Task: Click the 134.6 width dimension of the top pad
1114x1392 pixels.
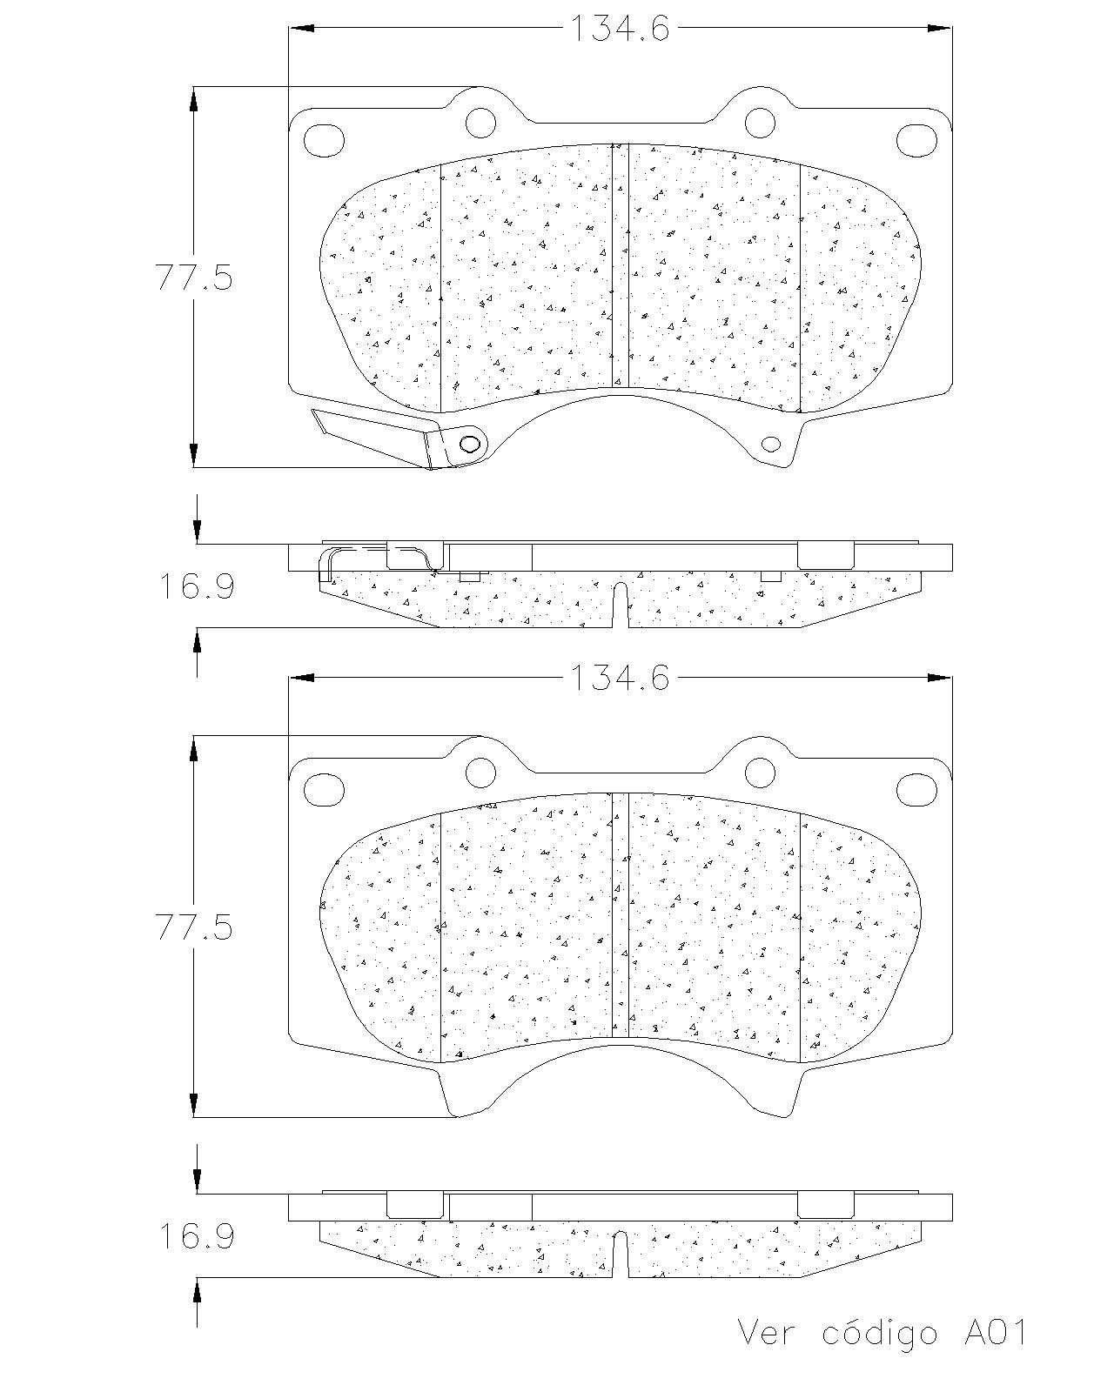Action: [620, 29]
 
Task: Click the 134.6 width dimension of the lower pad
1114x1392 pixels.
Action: [620, 678]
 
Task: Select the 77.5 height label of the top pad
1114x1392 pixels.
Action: [193, 278]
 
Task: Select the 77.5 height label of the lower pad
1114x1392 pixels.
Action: [193, 927]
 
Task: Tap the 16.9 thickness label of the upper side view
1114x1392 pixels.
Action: [197, 586]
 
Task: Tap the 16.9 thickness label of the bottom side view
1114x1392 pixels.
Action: [197, 1235]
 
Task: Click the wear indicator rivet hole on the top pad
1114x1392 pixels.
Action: [469, 444]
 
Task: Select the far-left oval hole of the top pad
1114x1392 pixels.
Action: [324, 140]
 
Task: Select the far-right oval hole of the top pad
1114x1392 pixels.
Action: [916, 140]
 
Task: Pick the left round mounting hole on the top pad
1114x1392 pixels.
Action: [480, 123]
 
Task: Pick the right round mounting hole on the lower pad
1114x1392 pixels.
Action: [760, 772]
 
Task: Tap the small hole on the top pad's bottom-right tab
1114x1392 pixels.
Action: [771, 444]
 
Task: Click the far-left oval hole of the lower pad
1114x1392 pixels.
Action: [324, 789]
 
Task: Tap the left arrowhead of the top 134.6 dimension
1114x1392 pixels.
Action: [302, 29]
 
